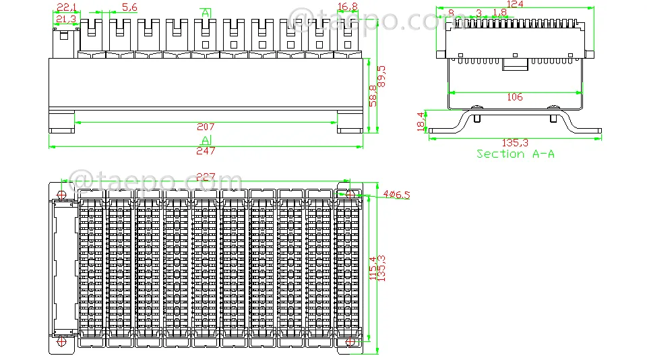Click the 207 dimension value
tap(206, 127)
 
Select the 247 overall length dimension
tap(206, 151)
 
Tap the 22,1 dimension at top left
tap(67, 7)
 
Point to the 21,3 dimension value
tap(66, 19)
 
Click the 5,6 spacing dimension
tap(129, 7)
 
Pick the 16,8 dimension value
tap(348, 7)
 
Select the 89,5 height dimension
tap(381, 76)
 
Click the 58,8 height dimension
tap(373, 96)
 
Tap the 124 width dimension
tap(514, 4)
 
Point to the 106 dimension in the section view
tap(514, 97)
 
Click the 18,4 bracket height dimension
tap(421, 122)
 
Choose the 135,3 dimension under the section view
tap(515, 143)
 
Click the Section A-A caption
tap(516, 154)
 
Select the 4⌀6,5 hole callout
tap(396, 194)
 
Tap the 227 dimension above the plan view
tap(206, 177)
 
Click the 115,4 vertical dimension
tap(373, 268)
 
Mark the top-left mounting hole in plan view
tap(61, 194)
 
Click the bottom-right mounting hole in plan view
tap(350, 341)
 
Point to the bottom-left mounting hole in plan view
tap(61, 341)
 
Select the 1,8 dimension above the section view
tap(499, 13)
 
